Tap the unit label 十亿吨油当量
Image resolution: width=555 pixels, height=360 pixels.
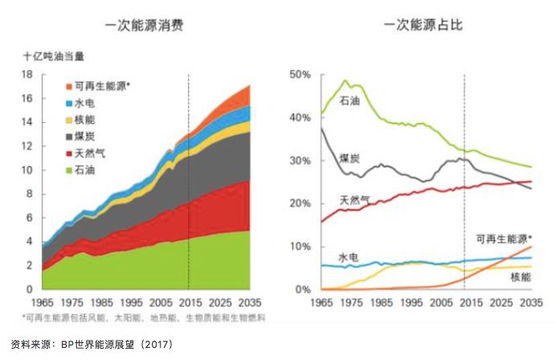click(53, 56)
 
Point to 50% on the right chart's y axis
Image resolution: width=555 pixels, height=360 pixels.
click(299, 74)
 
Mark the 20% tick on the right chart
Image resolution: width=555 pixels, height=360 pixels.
click(299, 203)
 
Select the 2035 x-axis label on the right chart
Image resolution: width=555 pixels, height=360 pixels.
click(530, 303)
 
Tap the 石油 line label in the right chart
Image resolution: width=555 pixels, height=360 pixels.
click(350, 100)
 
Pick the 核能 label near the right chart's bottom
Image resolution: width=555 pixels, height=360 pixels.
click(520, 276)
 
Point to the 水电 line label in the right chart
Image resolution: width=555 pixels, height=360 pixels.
click(347, 257)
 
